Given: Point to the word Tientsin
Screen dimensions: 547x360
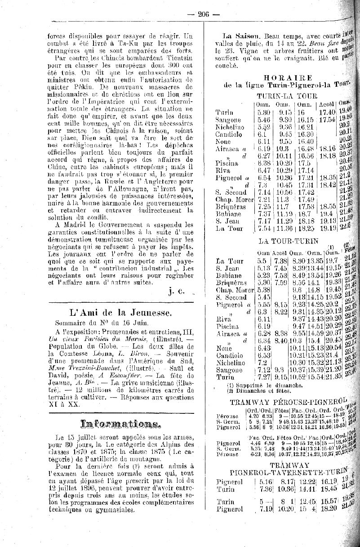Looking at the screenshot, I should point(177,58).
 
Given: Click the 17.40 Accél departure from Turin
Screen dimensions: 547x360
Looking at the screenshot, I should point(327,112).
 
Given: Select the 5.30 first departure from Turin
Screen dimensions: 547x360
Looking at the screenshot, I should point(263,112).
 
